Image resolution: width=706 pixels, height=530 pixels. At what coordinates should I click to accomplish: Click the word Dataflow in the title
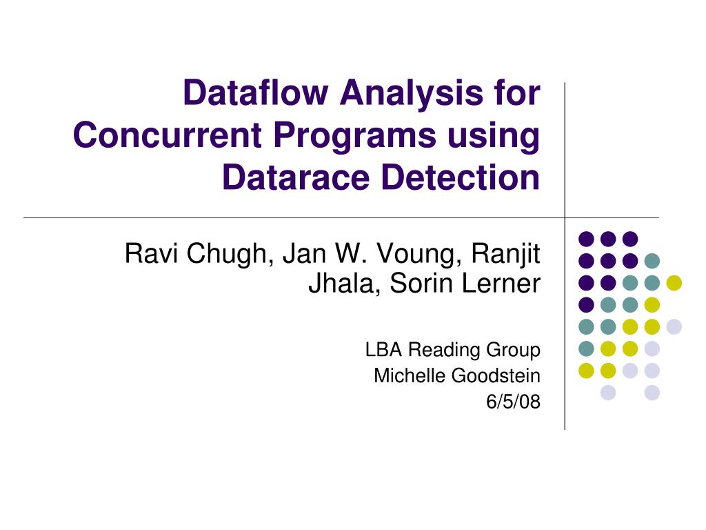[254, 94]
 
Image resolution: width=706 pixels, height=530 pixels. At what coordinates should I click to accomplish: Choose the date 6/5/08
[513, 402]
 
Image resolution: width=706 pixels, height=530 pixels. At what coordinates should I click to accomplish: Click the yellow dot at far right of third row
[674, 282]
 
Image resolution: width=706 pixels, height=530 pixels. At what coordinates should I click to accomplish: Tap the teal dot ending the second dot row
[652, 261]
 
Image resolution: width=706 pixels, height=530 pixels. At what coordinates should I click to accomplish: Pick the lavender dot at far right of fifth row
[674, 326]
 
